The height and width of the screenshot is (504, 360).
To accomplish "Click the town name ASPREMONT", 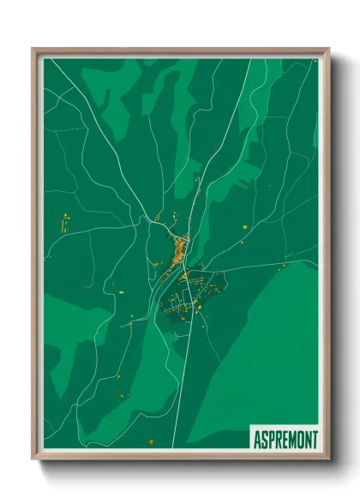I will [x=285, y=440].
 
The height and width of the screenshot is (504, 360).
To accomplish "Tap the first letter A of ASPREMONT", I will [x=257, y=440].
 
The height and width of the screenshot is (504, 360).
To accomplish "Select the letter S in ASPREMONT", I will [x=264, y=440].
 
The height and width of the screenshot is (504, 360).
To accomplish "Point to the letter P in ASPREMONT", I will [x=271, y=440].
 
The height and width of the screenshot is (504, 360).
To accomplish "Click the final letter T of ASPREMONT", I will [x=315, y=440].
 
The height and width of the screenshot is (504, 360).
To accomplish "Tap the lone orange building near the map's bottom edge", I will [x=150, y=441].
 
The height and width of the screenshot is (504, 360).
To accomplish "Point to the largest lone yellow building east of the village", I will [x=243, y=225].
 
